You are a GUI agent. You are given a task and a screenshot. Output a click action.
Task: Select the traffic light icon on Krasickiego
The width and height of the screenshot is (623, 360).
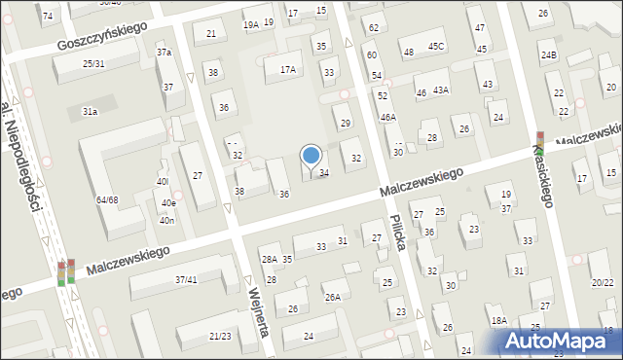point(540,140)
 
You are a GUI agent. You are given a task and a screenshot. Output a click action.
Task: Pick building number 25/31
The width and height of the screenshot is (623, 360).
point(93,64)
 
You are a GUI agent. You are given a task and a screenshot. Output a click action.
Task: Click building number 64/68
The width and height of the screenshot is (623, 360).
point(107,199)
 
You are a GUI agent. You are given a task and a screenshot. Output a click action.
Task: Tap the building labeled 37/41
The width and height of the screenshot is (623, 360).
point(186,279)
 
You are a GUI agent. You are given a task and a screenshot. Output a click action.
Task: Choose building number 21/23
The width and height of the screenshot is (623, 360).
point(220,336)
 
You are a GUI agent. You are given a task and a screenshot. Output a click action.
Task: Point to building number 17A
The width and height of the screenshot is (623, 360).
point(287,69)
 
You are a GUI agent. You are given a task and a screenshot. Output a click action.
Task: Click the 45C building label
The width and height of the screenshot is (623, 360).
point(435,47)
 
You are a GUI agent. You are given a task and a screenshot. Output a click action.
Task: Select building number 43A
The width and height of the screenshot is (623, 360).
point(441,90)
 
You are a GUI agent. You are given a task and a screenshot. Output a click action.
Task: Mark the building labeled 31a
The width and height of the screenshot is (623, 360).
point(90,112)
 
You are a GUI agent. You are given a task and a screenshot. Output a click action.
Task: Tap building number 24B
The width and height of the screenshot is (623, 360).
point(550,55)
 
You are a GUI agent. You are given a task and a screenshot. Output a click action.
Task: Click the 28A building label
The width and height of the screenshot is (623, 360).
point(269,259)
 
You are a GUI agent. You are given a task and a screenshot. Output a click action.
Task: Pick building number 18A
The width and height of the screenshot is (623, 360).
point(499,320)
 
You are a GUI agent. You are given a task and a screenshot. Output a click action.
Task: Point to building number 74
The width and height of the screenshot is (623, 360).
point(47,17)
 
